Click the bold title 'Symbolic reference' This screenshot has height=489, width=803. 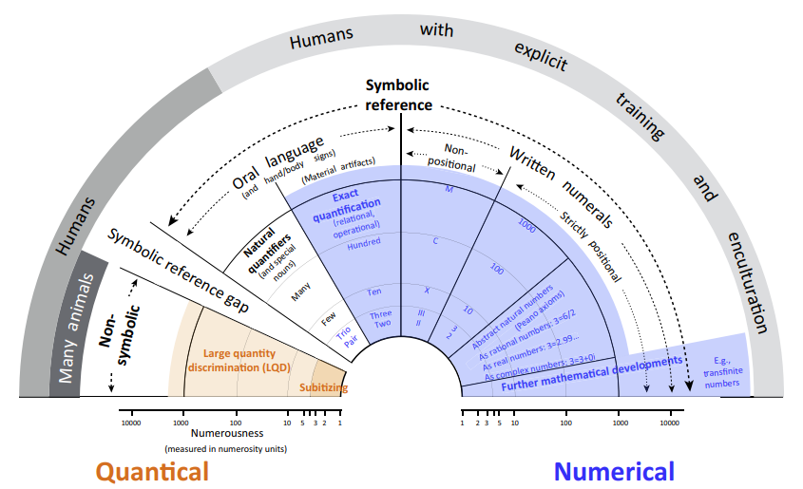tap(399, 95)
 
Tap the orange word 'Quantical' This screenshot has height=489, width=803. tap(152, 471)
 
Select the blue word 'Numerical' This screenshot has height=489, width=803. tap(614, 471)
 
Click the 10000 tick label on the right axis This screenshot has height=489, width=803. tap(669, 423)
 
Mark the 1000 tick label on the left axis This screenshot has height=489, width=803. tap(179, 423)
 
